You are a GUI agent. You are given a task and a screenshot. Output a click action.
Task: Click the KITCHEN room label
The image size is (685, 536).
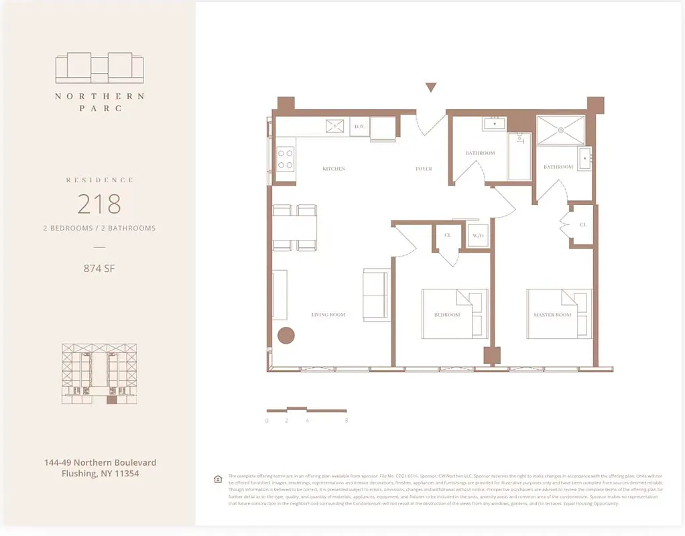pyautogui.click(x=333, y=169)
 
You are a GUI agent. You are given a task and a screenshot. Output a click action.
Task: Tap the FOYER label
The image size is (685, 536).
pyautogui.click(x=424, y=169)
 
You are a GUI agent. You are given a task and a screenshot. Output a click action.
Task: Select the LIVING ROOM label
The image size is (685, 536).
pyautogui.click(x=328, y=314)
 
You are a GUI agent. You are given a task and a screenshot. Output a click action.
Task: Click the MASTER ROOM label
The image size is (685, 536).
pyautogui.click(x=552, y=314)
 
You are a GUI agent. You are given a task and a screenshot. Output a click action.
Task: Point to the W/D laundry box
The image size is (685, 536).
pyautogui.click(x=478, y=236)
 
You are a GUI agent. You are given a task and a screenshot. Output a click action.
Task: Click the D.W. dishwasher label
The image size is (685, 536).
pyautogui.click(x=359, y=126)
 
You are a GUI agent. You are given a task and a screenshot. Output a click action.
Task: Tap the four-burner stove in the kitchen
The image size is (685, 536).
pyautogui.click(x=286, y=159)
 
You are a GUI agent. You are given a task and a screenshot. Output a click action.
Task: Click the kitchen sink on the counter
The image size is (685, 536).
pyautogui.click(x=334, y=126)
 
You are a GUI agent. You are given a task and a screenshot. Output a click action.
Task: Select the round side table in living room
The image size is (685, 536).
pyautogui.click(x=286, y=336)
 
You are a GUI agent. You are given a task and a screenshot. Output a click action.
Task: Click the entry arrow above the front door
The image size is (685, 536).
pyautogui.click(x=431, y=87)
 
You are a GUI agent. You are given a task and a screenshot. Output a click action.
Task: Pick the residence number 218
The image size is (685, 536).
pyautogui.click(x=99, y=203)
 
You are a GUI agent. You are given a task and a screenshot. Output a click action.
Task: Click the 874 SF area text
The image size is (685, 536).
pyautogui.click(x=99, y=269)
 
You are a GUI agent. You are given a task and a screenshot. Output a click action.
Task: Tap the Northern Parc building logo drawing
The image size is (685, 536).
pyautogui.click(x=99, y=68)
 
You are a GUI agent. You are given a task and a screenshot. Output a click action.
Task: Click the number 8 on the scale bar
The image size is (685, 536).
pyautogui.click(x=346, y=421)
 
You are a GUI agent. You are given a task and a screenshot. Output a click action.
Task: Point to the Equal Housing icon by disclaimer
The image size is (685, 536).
pyautogui.click(x=218, y=479)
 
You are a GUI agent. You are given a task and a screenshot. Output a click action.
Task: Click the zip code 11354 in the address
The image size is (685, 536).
pyautogui.click(x=125, y=474)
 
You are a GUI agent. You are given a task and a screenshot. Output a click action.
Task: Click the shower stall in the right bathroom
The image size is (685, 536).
pyautogui.click(x=561, y=130)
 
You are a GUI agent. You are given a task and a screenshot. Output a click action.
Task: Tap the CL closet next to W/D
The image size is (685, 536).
pyautogui.click(x=447, y=236)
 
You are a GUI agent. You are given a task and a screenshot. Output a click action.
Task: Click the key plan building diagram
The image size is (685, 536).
pyautogui.click(x=99, y=373)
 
